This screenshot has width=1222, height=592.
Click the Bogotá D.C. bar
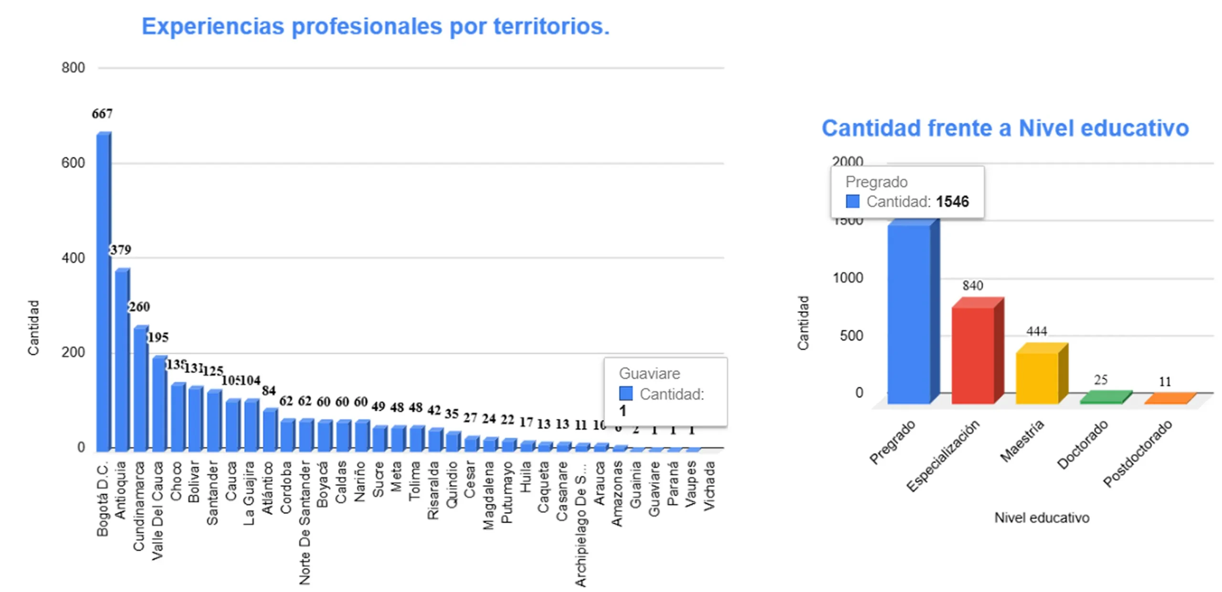point(103,291)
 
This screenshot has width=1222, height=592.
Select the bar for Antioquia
point(122,360)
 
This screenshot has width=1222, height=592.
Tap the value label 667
point(102,114)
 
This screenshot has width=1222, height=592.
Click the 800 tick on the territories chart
point(73,68)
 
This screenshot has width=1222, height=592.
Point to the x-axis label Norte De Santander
point(305,522)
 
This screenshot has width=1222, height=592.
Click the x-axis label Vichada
point(709,485)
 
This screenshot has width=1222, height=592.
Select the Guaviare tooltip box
point(665,391)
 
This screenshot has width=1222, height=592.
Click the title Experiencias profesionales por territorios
point(375,26)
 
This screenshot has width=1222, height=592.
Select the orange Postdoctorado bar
point(1169,399)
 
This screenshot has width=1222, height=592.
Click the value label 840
point(972,285)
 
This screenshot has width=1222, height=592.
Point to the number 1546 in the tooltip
point(952,201)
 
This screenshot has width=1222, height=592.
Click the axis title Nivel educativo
point(1042,518)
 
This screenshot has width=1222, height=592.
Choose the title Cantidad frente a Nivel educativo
point(1005,128)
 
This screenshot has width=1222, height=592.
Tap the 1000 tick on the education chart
point(848,278)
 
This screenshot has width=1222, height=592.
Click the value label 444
point(1036,331)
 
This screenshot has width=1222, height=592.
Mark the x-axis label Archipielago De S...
point(580,523)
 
